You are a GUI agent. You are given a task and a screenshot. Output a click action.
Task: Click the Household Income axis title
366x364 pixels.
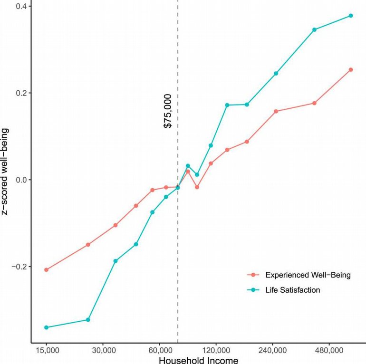pyautogui.click(x=198, y=360)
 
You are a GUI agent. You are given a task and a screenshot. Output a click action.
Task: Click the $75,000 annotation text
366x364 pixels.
pyautogui.click(x=168, y=111)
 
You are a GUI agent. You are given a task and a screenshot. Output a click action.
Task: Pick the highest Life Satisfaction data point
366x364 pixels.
pyautogui.click(x=351, y=16)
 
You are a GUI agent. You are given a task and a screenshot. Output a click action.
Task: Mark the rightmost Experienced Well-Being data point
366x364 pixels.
pyautogui.click(x=351, y=70)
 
